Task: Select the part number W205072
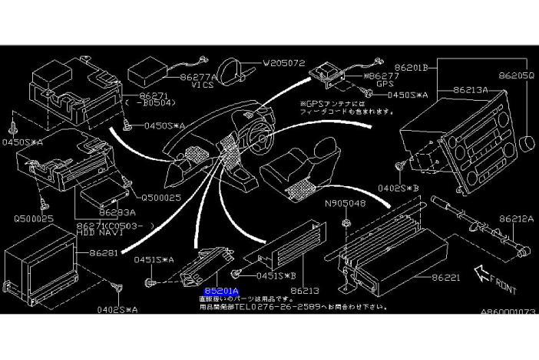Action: click(x=284, y=63)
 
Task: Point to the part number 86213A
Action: click(x=471, y=89)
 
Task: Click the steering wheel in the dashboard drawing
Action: click(x=253, y=137)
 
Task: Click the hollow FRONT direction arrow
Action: click(x=483, y=271)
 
